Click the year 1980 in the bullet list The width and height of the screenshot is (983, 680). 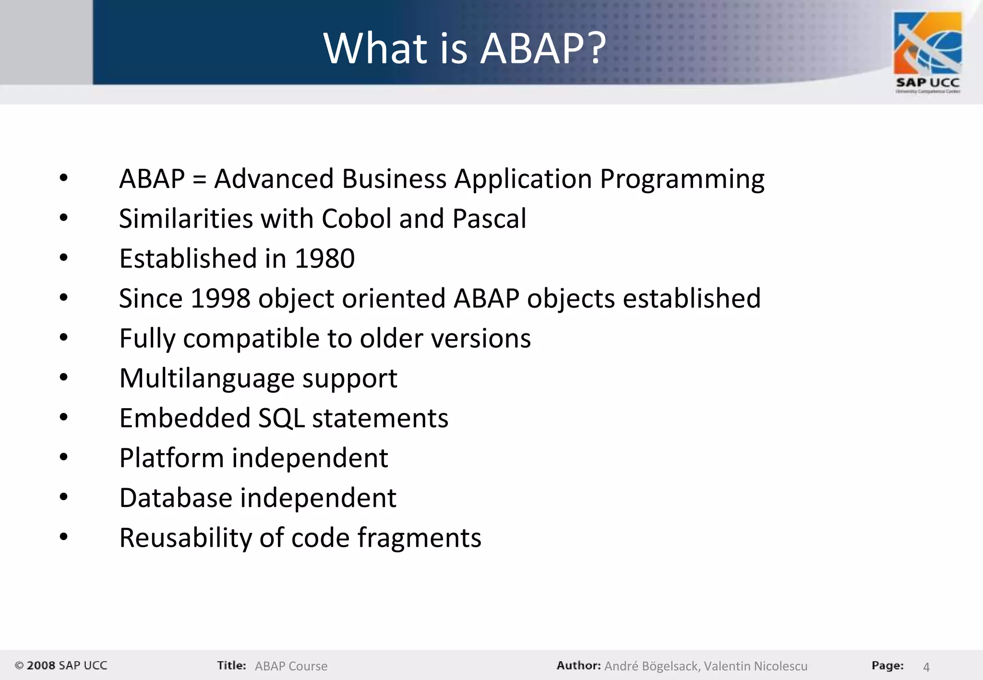click(x=324, y=259)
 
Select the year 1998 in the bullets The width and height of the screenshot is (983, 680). click(x=220, y=299)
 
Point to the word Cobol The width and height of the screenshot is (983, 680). click(x=356, y=219)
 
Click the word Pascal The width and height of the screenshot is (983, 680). click(x=489, y=219)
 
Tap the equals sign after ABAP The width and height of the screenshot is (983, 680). click(x=199, y=180)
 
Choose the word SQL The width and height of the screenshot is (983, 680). click(x=281, y=418)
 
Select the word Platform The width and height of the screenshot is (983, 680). click(x=171, y=458)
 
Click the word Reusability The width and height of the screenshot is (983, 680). click(x=185, y=538)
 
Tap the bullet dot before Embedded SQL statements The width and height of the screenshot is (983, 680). click(x=64, y=417)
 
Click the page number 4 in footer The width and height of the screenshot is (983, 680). click(x=926, y=667)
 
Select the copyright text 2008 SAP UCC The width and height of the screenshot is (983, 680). click(x=61, y=666)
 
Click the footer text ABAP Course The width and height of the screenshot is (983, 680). click(x=291, y=666)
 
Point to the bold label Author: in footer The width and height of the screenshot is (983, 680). click(x=578, y=666)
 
